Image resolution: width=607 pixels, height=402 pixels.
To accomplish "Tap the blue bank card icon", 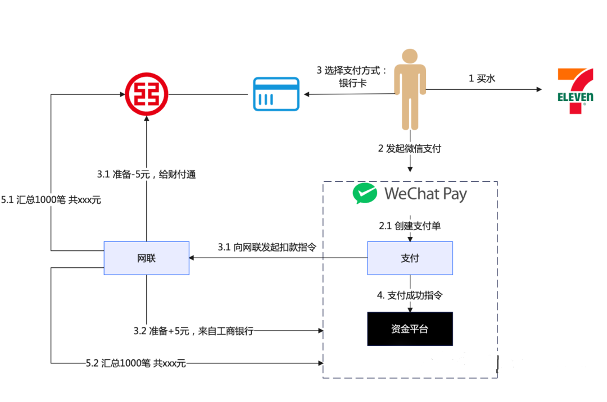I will coord(275,94).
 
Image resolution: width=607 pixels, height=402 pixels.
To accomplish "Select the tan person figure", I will coord(410,90).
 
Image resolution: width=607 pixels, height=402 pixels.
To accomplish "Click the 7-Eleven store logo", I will coord(575,91).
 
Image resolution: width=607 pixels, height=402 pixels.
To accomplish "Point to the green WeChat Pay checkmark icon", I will coord(365,194).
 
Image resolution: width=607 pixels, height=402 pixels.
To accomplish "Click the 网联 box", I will coord(146,258).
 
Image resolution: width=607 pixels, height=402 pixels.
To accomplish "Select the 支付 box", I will coord(410,258).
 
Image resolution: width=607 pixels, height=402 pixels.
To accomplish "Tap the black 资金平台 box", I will coord(410,328).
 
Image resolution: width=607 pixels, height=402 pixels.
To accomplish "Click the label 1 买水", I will coord(482,79).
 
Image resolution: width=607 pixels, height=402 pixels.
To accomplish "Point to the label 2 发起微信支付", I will coord(410,149).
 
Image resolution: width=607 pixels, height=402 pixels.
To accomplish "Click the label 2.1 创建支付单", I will coord(410,226).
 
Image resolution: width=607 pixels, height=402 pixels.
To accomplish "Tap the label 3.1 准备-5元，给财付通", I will coord(146,175).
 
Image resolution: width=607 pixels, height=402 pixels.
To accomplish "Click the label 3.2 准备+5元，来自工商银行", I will coord(193,331).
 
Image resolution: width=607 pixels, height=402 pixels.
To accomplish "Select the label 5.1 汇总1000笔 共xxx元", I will coord(51,199).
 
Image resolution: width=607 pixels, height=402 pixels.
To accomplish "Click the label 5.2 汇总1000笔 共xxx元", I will coord(135,363).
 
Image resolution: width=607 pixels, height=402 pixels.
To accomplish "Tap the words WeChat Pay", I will coord(425,194).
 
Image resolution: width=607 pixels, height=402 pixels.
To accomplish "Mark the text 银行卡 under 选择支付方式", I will coord(352,83).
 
